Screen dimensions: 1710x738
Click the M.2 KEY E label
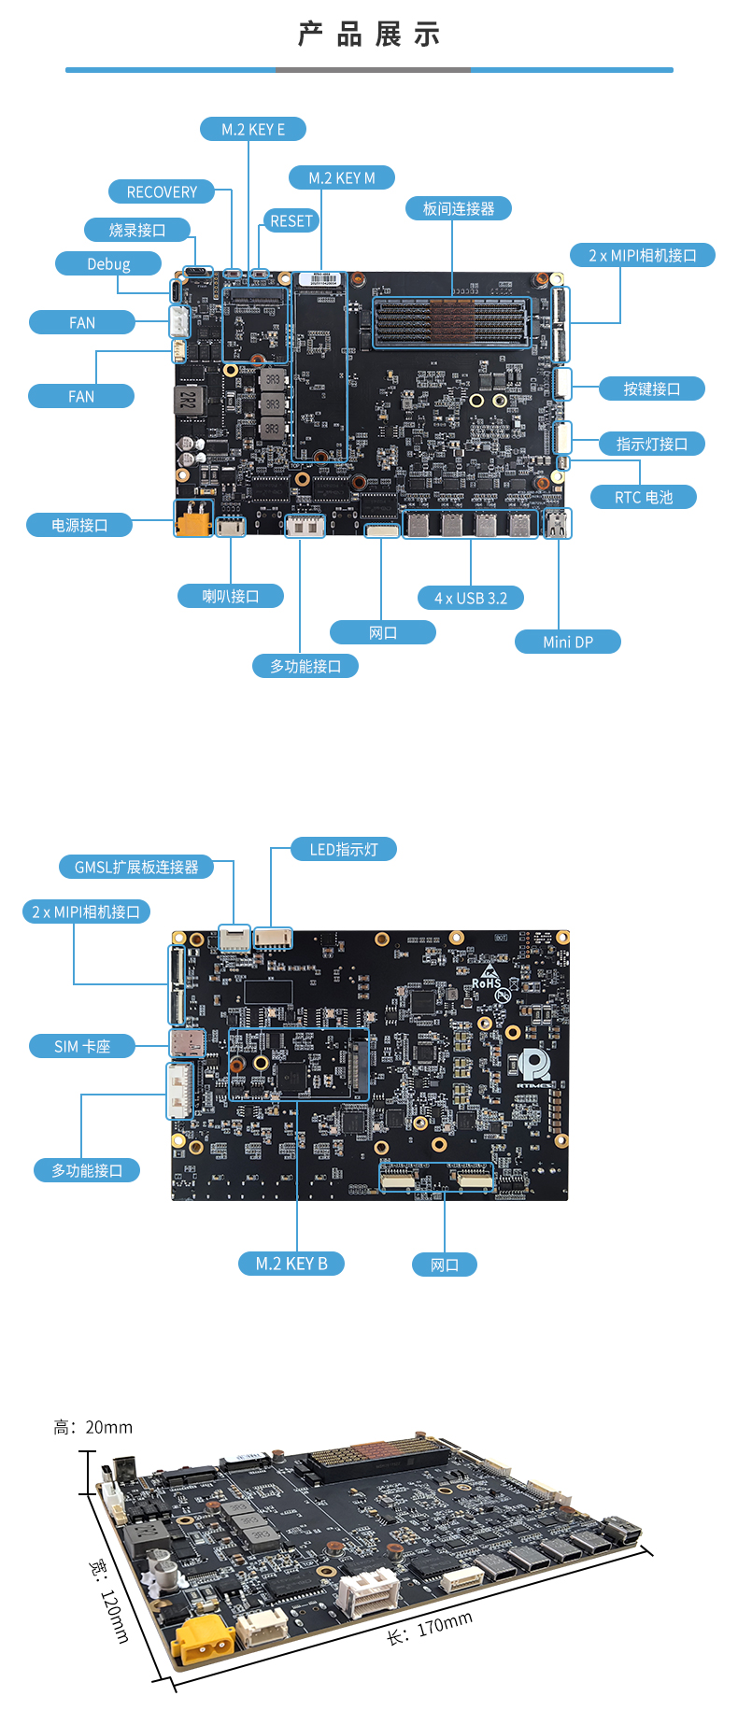pos(253,130)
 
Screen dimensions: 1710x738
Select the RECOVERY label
pos(162,192)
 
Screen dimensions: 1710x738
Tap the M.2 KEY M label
pos(342,178)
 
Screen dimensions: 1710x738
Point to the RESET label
pos(291,221)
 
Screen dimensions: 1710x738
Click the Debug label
pos(108,264)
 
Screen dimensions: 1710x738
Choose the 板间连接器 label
pos(459,209)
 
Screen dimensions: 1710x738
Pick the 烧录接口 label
pos(137,231)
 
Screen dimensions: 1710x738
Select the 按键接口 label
pos(652,389)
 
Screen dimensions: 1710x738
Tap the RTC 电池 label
pos(644,498)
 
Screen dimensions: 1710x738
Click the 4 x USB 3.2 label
pos(471,599)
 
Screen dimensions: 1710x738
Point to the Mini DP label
pos(568,643)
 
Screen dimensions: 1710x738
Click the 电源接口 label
pos(79,526)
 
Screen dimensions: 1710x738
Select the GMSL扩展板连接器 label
pos(136,868)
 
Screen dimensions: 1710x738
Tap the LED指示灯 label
pos(344,850)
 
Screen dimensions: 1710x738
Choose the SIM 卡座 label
pos(82,1047)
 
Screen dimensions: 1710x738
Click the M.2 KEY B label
pos(291,1265)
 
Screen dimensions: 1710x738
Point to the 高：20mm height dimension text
pos(92,1427)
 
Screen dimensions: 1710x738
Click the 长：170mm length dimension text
pos(430,1628)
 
